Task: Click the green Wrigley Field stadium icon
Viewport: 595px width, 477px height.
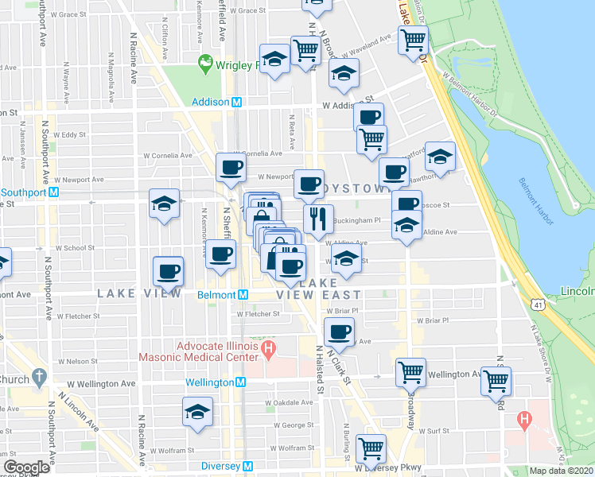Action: click(x=205, y=61)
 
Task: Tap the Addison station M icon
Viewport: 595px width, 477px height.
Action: click(x=236, y=102)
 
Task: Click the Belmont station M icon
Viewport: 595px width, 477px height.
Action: click(x=243, y=294)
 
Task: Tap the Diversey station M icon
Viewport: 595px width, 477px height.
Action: click(x=247, y=466)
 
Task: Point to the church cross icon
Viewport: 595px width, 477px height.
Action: click(x=38, y=378)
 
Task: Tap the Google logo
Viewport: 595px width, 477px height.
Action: click(x=26, y=467)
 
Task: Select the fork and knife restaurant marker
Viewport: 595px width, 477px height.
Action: click(x=318, y=217)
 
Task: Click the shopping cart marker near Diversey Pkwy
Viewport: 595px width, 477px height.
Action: click(x=371, y=448)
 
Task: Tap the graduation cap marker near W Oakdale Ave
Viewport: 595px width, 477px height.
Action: click(x=197, y=412)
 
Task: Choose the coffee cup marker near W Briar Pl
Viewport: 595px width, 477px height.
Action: click(x=339, y=331)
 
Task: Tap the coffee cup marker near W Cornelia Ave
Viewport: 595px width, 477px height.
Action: click(x=231, y=167)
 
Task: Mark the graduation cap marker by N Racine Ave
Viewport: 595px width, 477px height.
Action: click(x=164, y=204)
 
